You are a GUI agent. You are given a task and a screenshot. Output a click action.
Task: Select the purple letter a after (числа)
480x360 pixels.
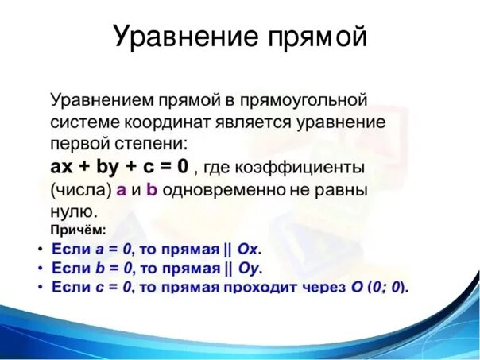coord(122,190)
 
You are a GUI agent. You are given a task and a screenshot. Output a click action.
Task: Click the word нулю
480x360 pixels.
coord(74,212)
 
